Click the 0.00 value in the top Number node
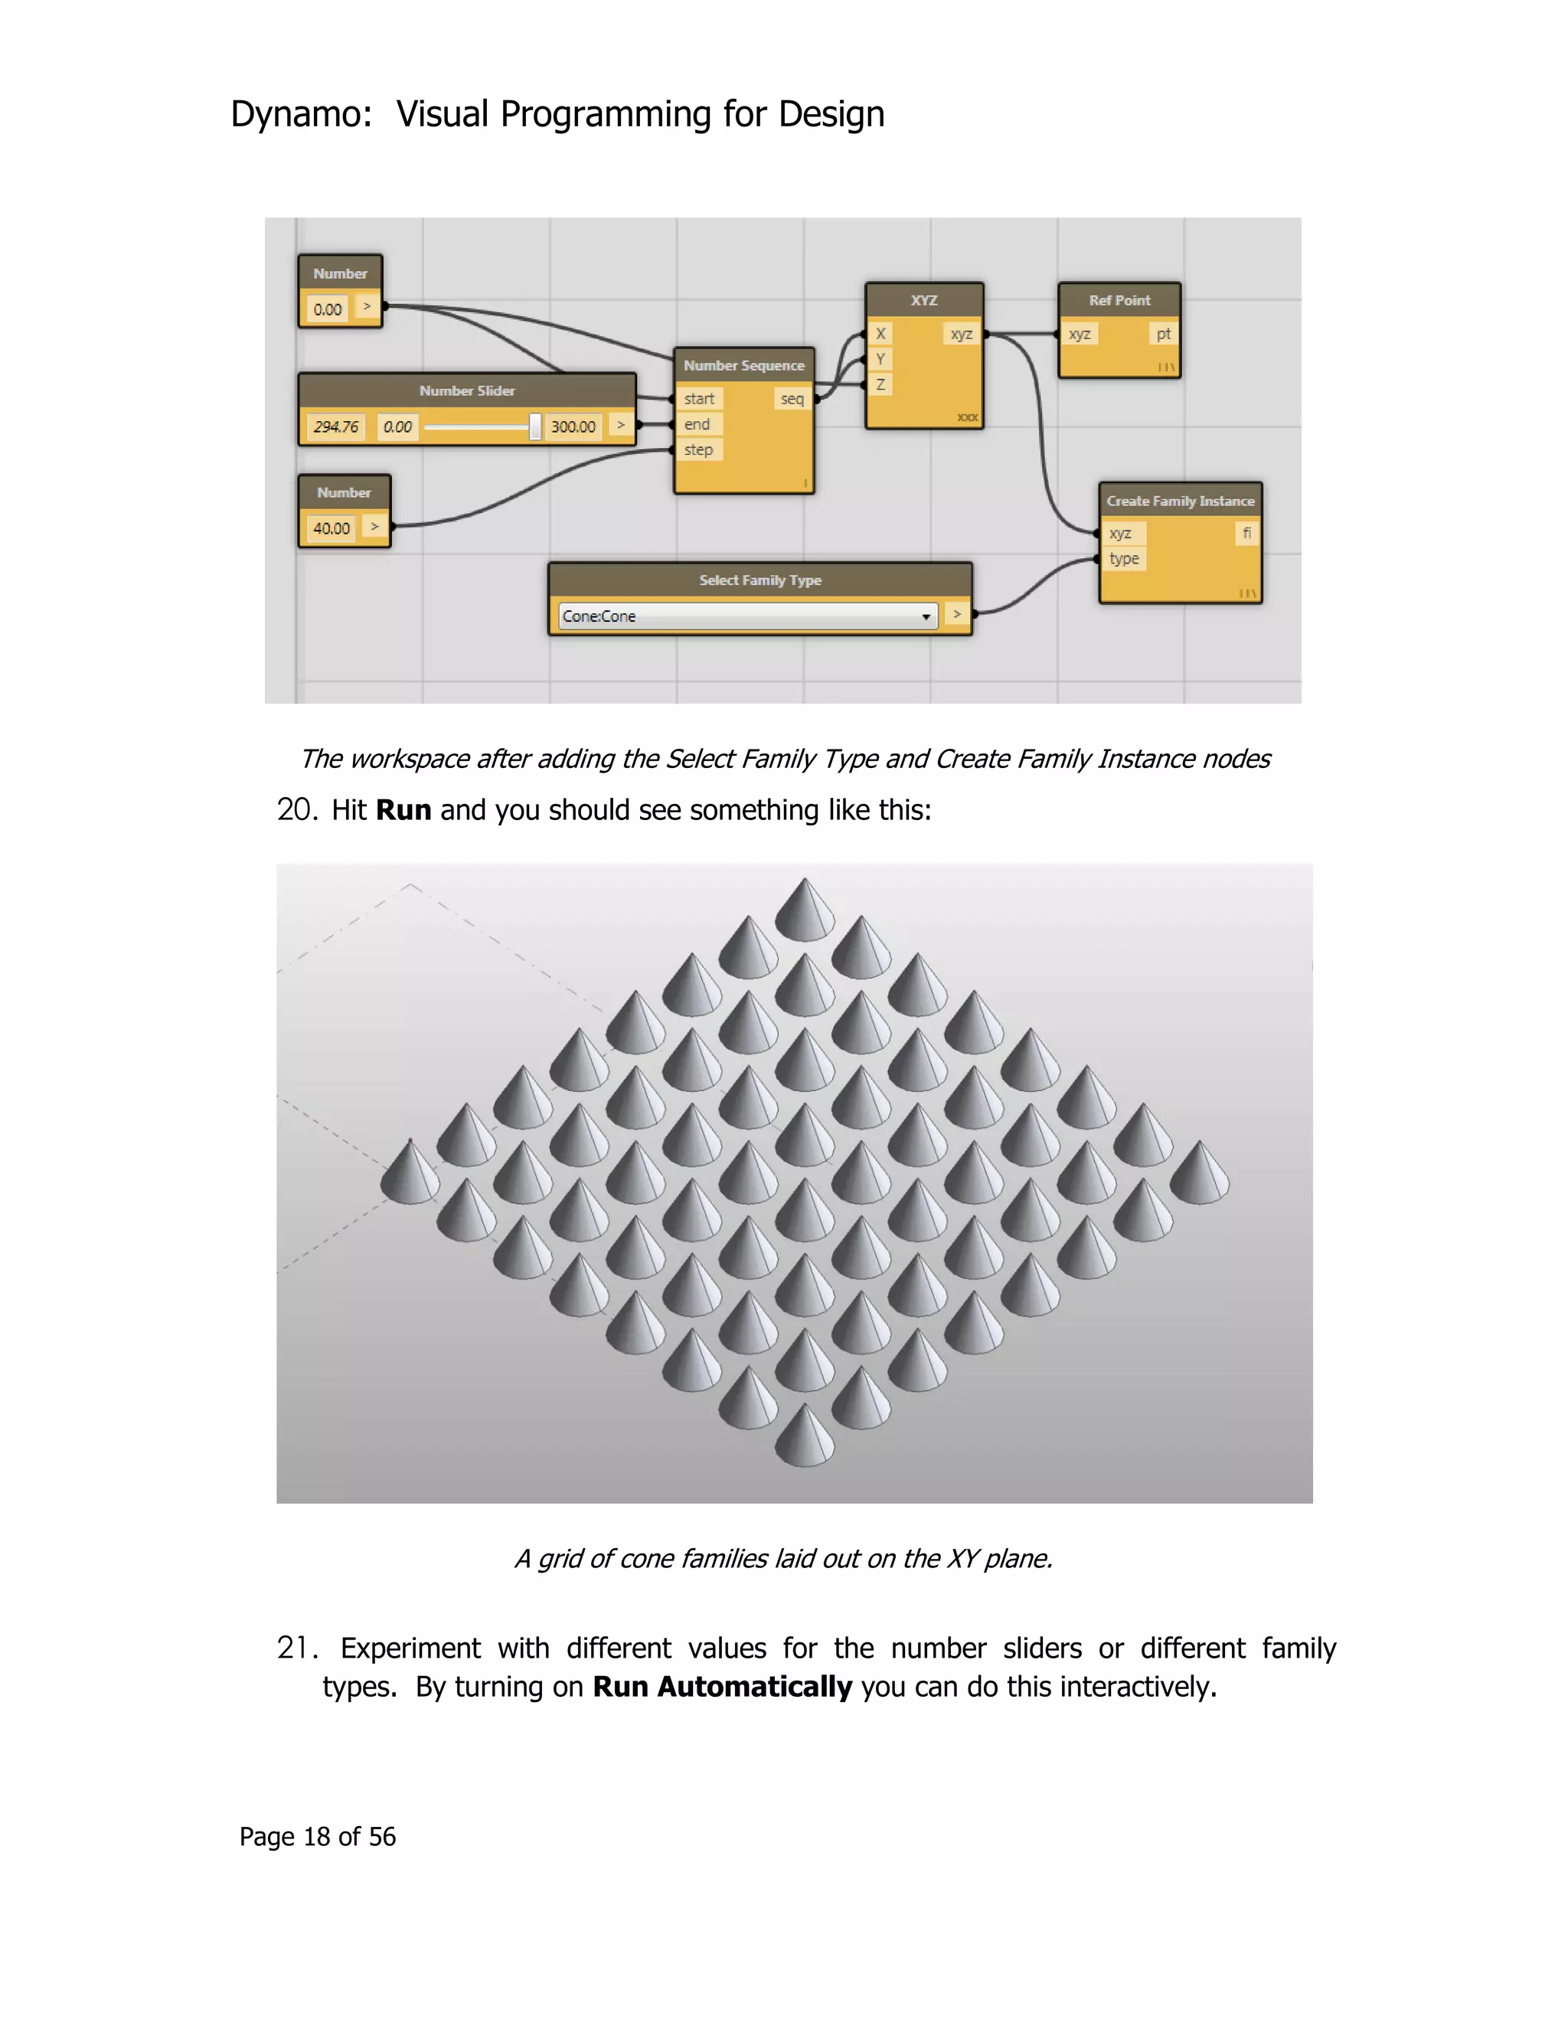tap(327, 309)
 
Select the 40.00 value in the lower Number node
tap(331, 528)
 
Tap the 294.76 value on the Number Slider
tap(335, 427)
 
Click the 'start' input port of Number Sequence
tap(698, 400)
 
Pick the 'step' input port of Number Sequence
tap(698, 450)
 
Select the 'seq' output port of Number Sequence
tap(792, 400)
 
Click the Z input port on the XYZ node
tap(880, 384)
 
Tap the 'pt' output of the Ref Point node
tap(1163, 335)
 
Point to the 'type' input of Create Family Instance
tap(1124, 559)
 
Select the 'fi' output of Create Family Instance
tap(1246, 533)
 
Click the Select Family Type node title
tap(759, 580)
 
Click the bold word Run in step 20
tap(403, 810)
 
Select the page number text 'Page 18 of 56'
tap(317, 1837)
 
